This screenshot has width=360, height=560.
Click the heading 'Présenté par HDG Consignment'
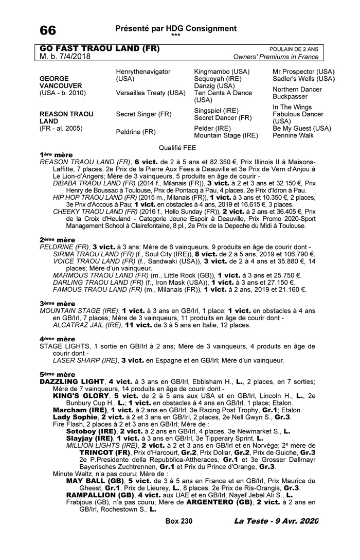pyautogui.click(x=176, y=28)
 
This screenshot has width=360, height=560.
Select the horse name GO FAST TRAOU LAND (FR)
pyautogui.click(x=100, y=49)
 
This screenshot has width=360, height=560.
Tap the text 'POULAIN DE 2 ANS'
pyautogui.click(x=294, y=49)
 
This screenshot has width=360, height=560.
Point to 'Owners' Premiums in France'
pyautogui.click(x=276, y=57)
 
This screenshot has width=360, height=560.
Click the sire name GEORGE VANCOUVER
pyautogui.click(x=60, y=83)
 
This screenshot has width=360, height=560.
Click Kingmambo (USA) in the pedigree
pyautogui.click(x=222, y=72)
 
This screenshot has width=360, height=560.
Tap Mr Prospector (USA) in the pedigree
pyautogui.click(x=303, y=72)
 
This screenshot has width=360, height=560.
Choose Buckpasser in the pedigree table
pyautogui.click(x=290, y=96)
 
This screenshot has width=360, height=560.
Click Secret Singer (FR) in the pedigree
pyautogui.click(x=143, y=114)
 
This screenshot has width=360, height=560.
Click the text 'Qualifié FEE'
pyautogui.click(x=177, y=147)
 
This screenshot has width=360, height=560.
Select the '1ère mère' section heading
pyautogui.click(x=56, y=154)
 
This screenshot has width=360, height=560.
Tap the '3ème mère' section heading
pyautogui.click(x=57, y=304)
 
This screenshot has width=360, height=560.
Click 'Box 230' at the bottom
pyautogui.click(x=179, y=521)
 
